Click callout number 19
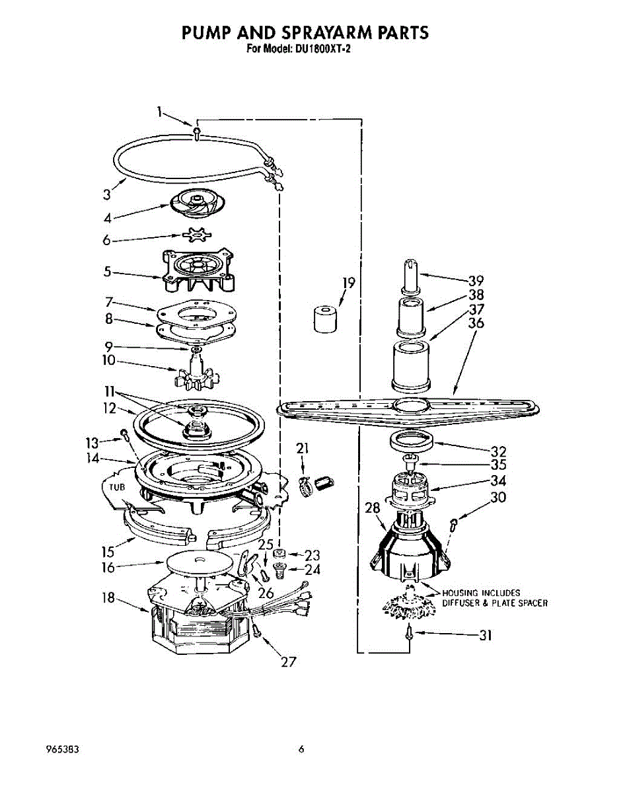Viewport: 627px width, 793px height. [x=348, y=283]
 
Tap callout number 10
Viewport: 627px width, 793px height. [x=108, y=361]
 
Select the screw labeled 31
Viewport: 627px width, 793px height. [x=410, y=633]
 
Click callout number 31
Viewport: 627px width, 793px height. [x=486, y=636]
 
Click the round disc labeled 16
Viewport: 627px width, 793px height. [x=200, y=564]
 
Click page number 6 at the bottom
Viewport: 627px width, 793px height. [x=301, y=749]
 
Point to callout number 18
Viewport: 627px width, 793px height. [x=108, y=597]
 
